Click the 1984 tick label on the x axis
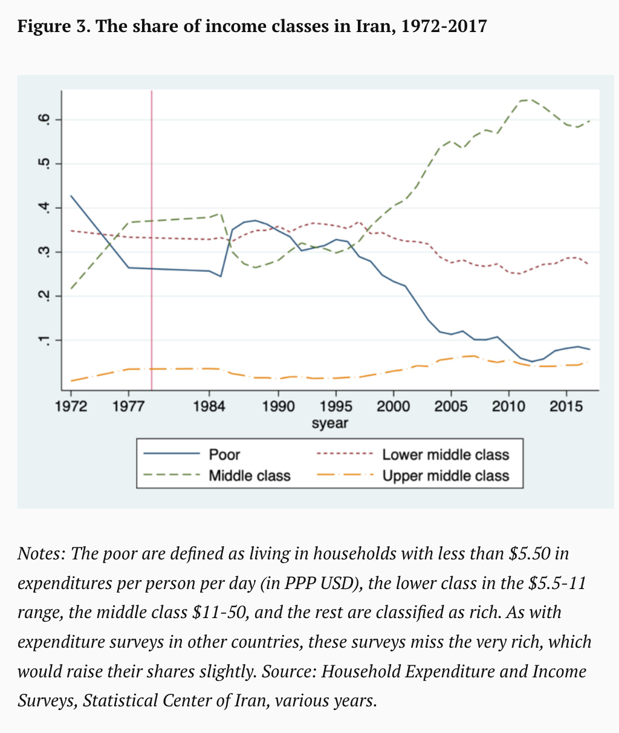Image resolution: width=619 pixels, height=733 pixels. click(x=209, y=406)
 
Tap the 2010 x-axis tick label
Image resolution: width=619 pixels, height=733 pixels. click(x=508, y=406)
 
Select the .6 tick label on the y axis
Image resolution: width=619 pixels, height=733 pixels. click(x=43, y=120)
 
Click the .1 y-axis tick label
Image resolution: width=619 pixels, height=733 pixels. click(x=43, y=340)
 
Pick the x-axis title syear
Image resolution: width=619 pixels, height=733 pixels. click(x=329, y=423)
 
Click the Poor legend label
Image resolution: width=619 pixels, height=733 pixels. click(x=224, y=455)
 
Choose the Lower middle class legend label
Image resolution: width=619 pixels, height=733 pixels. click(x=446, y=455)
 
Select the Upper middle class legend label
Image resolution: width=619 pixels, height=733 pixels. click(x=446, y=476)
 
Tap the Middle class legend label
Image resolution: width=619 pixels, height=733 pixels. click(x=250, y=476)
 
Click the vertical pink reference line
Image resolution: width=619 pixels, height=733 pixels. click(x=151, y=242)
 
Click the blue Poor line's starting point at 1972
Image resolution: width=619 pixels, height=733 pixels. click(x=71, y=196)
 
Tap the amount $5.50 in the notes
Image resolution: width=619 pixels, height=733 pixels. click(x=531, y=553)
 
